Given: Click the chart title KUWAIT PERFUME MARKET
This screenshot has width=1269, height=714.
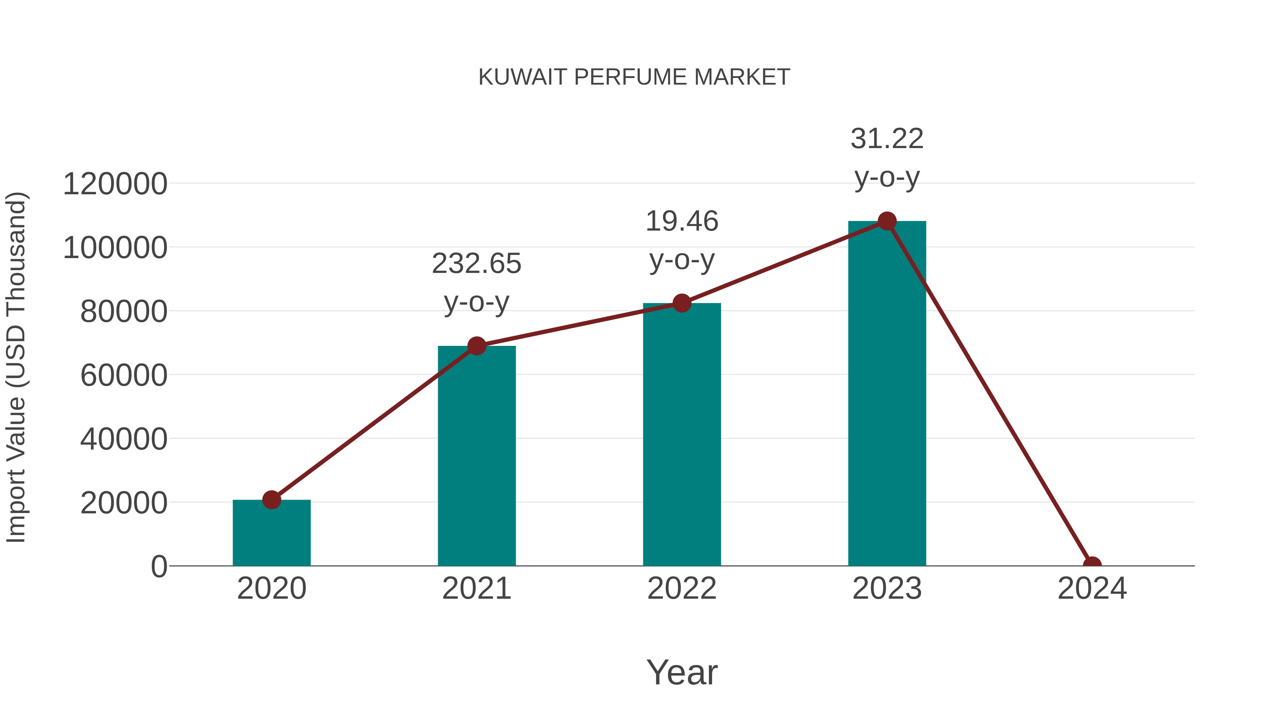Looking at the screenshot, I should pyautogui.click(x=634, y=77).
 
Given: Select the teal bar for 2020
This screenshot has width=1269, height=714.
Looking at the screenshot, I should pyautogui.click(x=271, y=535).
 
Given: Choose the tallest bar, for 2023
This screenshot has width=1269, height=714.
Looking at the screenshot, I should pyautogui.click(x=887, y=394).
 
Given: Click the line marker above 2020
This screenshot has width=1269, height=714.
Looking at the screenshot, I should pyautogui.click(x=271, y=500).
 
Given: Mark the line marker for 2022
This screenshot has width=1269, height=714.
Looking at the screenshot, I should pyautogui.click(x=682, y=303).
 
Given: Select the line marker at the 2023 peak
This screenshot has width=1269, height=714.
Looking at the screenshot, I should pyautogui.click(x=887, y=221).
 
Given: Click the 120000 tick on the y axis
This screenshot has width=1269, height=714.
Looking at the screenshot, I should pyautogui.click(x=115, y=184).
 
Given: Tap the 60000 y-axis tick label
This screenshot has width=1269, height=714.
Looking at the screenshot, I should pyautogui.click(x=124, y=376).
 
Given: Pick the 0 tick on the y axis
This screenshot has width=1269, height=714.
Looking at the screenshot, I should pyautogui.click(x=159, y=567).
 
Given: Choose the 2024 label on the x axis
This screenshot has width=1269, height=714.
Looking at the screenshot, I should pyautogui.click(x=1092, y=589).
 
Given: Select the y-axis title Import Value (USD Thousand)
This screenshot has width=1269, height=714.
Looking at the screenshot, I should pyautogui.click(x=16, y=367).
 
